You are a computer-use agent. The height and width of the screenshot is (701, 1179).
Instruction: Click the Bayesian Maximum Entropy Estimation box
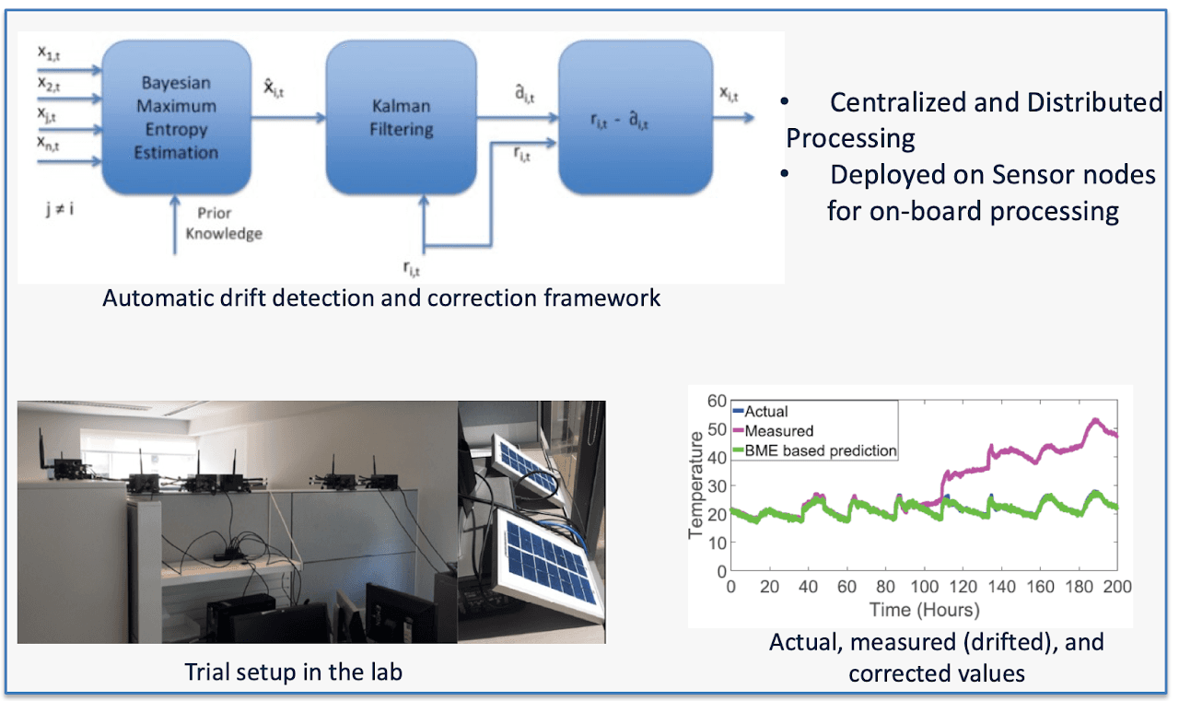coord(176,117)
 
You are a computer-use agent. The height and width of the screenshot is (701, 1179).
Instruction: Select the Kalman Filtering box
coord(401,117)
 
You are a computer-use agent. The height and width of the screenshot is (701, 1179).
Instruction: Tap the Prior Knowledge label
coord(224,223)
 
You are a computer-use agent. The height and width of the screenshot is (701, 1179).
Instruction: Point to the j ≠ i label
coord(60,209)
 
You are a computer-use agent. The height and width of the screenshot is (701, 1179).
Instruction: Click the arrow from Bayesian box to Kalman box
coord(288,117)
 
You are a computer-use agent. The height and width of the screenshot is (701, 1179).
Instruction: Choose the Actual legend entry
coord(761,411)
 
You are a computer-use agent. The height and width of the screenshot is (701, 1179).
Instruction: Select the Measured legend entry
coord(773,431)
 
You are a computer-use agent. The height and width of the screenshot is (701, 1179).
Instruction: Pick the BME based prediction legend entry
coord(815,450)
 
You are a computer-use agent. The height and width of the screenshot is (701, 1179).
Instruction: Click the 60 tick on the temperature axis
coord(717,401)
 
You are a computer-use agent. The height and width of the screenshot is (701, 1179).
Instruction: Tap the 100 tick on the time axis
coord(925,586)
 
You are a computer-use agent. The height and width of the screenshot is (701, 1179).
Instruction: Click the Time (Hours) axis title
coord(924,610)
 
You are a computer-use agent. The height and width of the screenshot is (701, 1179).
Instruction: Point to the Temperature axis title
coord(695,485)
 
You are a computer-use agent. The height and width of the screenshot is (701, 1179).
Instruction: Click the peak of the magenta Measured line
coord(1096,420)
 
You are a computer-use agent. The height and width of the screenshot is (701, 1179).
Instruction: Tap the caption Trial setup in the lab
coord(293,672)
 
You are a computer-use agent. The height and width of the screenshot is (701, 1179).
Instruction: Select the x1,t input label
coord(49,53)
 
